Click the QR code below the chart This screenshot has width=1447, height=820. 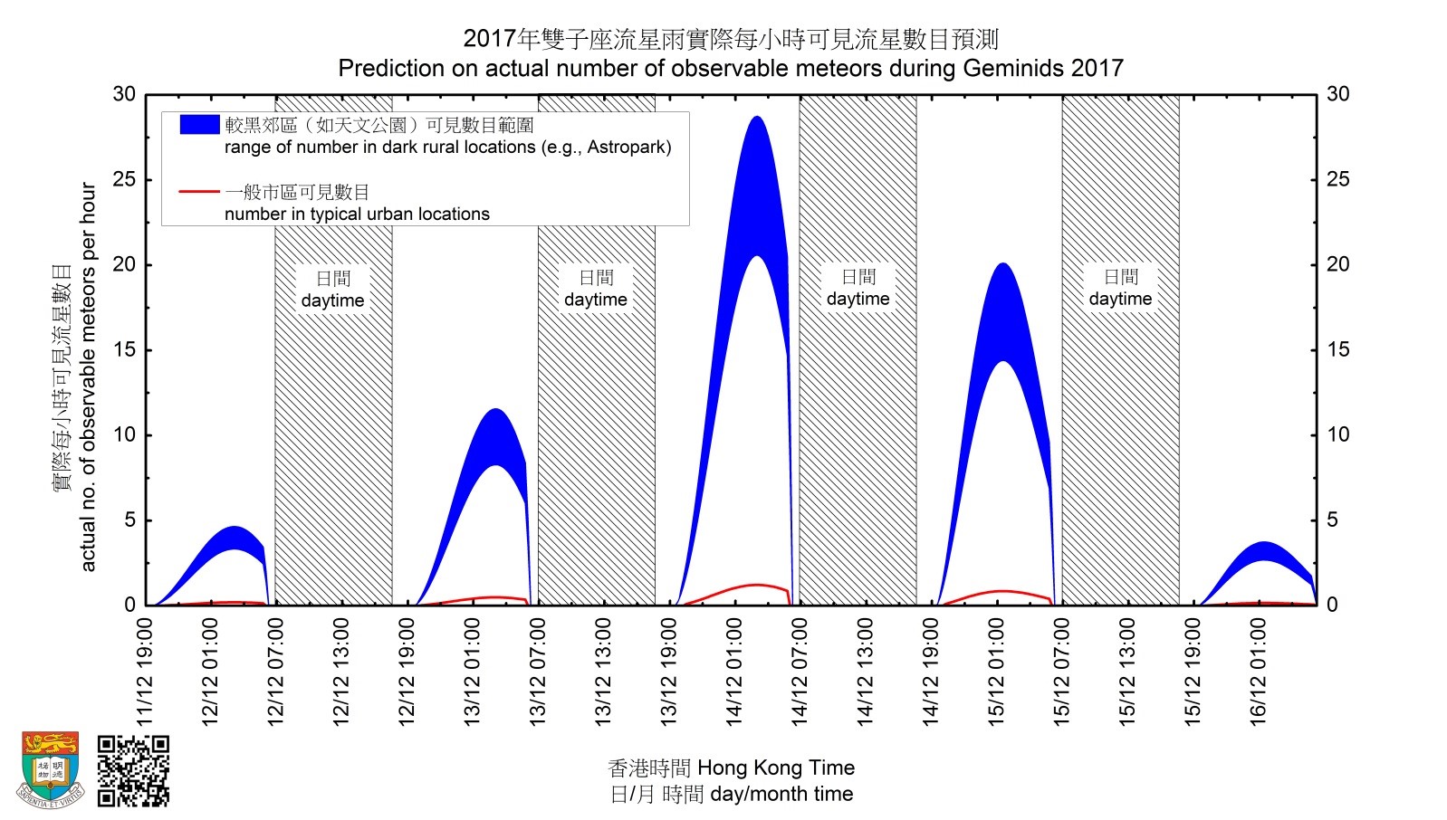pos(133,770)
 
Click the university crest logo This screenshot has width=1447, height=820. pos(51,769)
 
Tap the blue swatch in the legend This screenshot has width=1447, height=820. pos(199,125)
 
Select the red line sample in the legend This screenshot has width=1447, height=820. pos(199,192)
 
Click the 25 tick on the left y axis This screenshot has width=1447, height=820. pos(124,179)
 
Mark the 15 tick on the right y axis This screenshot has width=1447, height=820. pos(1337,349)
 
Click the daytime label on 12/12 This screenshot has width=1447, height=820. pos(333,300)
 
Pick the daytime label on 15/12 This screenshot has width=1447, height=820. pos(1120,299)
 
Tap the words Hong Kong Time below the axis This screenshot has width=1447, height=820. pos(776,768)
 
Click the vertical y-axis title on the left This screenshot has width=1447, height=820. pos(88,377)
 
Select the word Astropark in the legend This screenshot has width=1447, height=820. pos(625,147)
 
